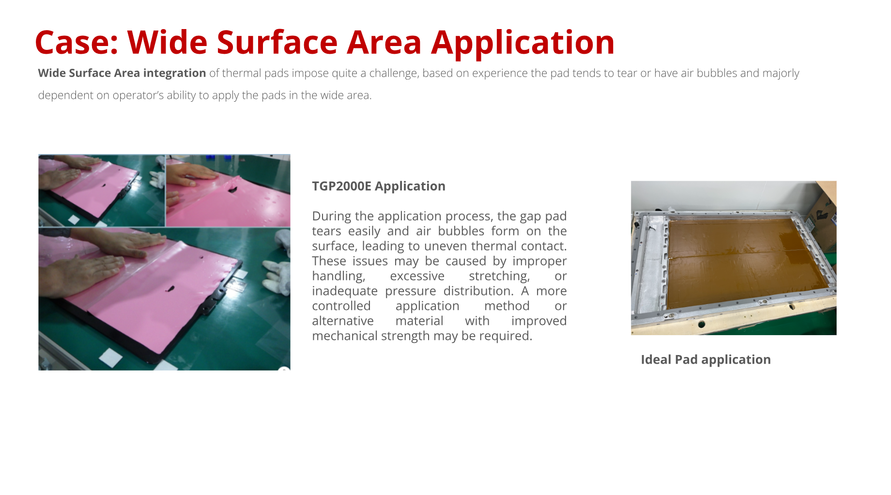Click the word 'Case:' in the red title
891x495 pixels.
[77, 42]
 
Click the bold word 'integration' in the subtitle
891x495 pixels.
[174, 73]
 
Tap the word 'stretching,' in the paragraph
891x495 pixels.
[499, 276]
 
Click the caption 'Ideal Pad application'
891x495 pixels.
[706, 360]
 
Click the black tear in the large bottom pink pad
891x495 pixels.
[170, 290]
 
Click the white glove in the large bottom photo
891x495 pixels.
[279, 271]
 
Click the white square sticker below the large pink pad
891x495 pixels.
[111, 358]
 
